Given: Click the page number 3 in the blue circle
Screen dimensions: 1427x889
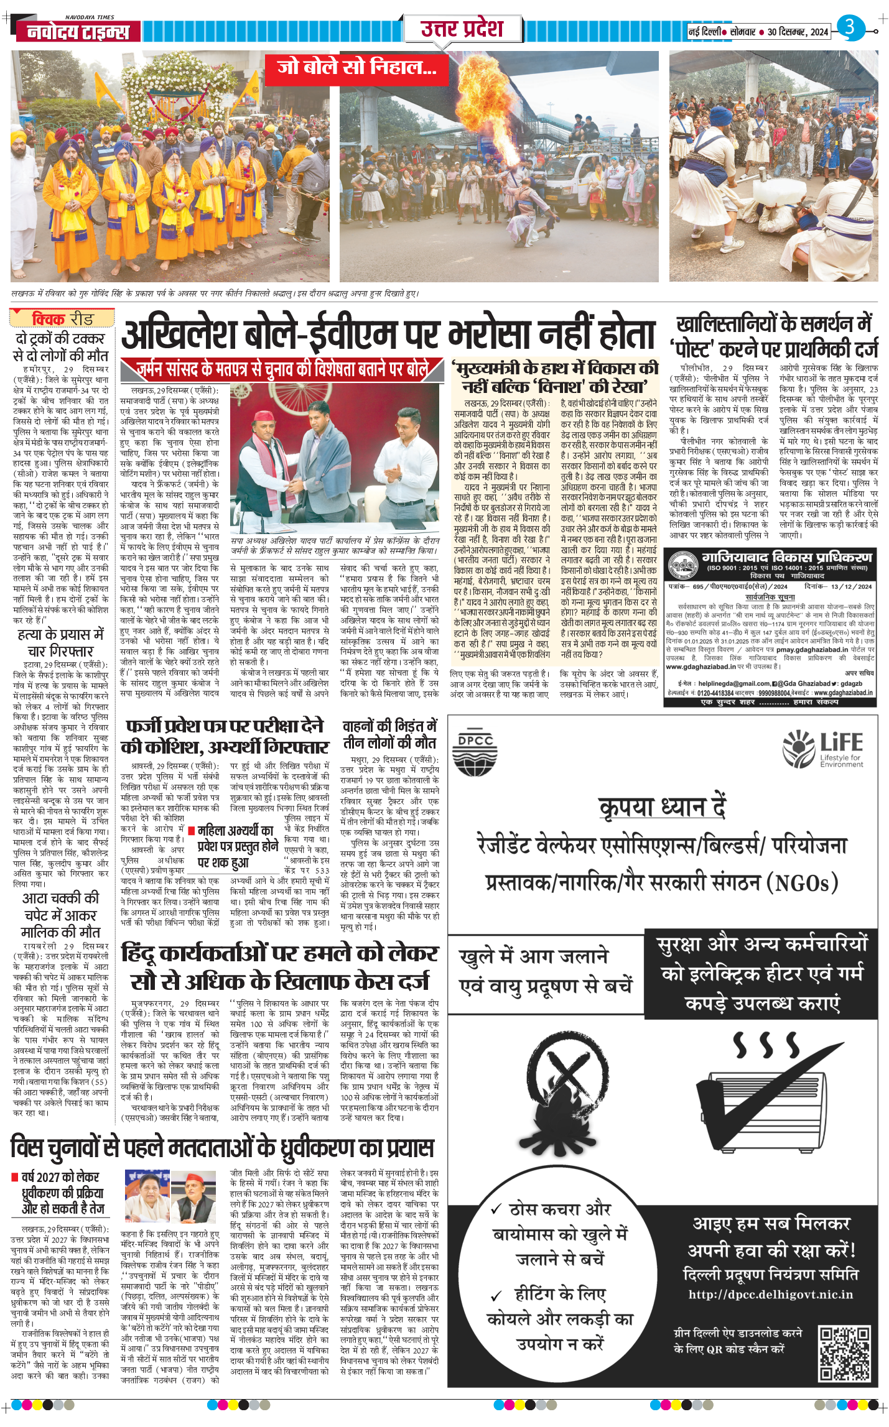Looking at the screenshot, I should (x=850, y=27).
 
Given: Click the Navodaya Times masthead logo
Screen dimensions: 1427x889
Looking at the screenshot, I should (x=78, y=32).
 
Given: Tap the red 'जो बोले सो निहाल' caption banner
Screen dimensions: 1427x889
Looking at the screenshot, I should (x=356, y=68).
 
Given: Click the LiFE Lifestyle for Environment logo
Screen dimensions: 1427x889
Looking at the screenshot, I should (x=823, y=749).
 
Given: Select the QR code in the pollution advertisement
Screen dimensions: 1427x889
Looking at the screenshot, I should (x=844, y=1353).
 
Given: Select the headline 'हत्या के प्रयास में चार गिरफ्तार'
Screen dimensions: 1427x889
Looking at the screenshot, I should (x=60, y=643).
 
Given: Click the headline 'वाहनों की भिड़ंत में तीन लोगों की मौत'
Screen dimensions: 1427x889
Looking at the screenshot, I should (x=390, y=734).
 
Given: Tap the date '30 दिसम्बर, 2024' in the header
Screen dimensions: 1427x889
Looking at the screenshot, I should (x=798, y=32).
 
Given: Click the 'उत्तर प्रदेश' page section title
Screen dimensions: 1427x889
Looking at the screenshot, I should (x=462, y=29).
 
